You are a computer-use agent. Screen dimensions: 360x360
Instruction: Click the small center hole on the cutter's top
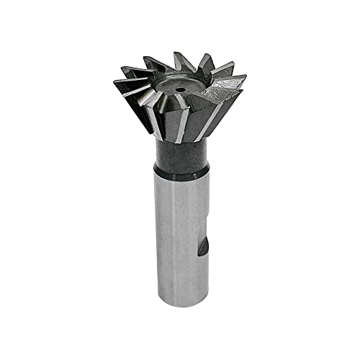(177, 91)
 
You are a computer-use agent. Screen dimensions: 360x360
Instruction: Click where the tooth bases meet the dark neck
(180, 141)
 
